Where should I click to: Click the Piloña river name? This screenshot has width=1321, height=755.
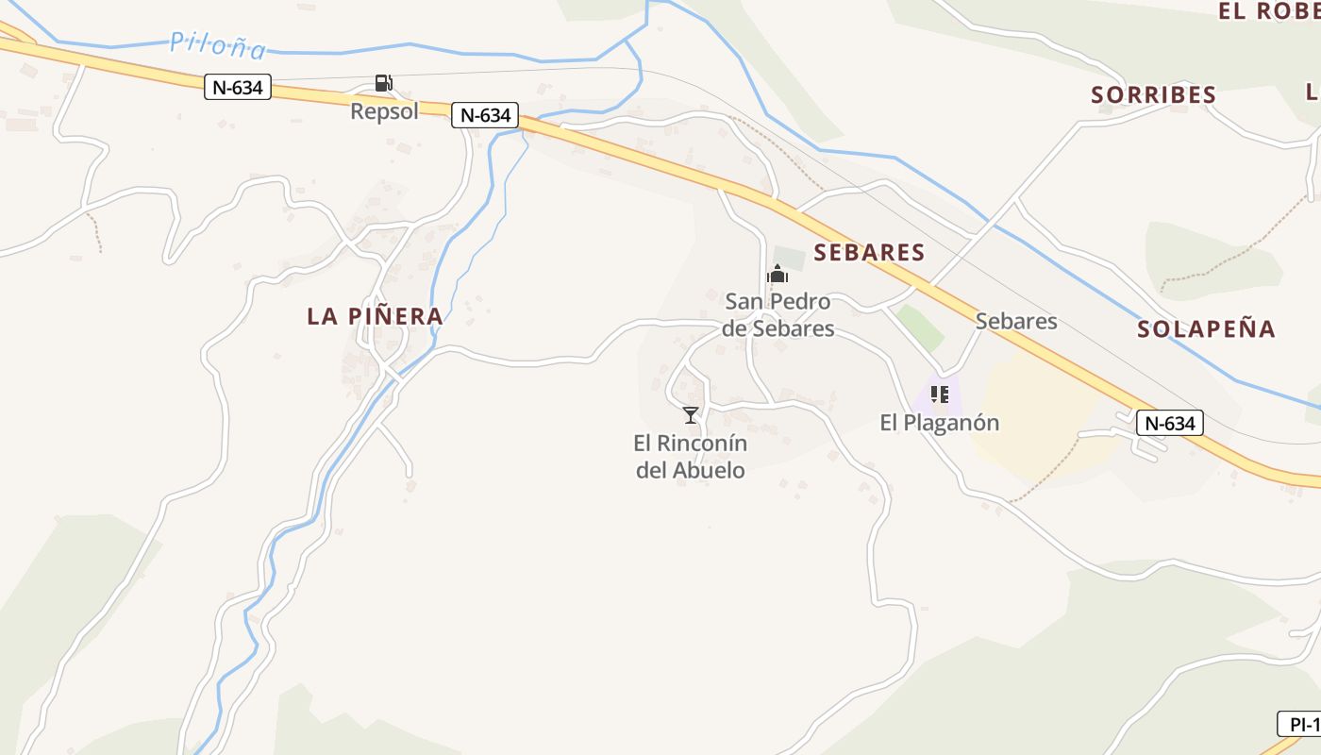tap(218, 44)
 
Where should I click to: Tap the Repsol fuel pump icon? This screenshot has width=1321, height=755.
tap(383, 83)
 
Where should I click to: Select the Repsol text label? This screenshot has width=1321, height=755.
tap(384, 111)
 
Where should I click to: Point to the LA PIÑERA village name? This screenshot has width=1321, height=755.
tap(375, 316)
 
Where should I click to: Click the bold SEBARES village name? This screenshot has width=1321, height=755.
tap(869, 252)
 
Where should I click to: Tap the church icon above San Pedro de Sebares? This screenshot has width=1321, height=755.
tap(778, 275)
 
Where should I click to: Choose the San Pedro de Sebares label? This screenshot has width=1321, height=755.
tap(778, 315)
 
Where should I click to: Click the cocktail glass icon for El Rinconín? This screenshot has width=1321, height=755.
tap(691, 415)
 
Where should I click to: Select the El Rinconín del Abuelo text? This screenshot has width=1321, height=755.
tap(691, 457)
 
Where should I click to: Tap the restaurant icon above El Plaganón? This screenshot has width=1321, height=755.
tap(939, 394)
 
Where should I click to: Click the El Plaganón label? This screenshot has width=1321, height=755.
tap(939, 423)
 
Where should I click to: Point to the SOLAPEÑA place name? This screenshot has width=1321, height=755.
tap(1206, 328)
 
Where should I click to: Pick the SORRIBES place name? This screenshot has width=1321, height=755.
tap(1153, 94)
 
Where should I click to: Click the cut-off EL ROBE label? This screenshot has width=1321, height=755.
tap(1268, 11)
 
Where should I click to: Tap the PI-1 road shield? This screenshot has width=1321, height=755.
tap(1300, 724)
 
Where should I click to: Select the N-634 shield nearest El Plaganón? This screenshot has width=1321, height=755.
tap(1169, 423)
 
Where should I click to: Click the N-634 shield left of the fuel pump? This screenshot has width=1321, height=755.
tap(238, 88)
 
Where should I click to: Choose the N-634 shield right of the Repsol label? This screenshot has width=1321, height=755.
tap(485, 115)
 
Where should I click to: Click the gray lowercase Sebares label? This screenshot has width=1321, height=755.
tap(1015, 321)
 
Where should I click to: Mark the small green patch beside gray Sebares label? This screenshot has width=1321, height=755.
tap(921, 327)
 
